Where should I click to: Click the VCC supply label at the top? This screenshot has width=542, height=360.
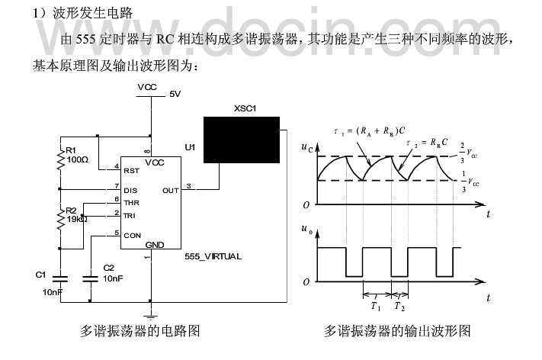point(147,88)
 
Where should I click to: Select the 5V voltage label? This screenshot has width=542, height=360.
point(175,95)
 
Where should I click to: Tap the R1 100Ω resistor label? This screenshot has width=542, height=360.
point(77,156)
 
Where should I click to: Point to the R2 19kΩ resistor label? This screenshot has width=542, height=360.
point(77,214)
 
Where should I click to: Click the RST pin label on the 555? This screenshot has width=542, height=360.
point(132,170)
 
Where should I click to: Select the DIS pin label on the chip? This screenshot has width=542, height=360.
point(131,188)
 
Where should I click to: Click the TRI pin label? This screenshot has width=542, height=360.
point(131,216)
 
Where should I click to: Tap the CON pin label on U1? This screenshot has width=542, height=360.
point(133,235)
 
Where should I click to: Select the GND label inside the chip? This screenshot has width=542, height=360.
point(154,245)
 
